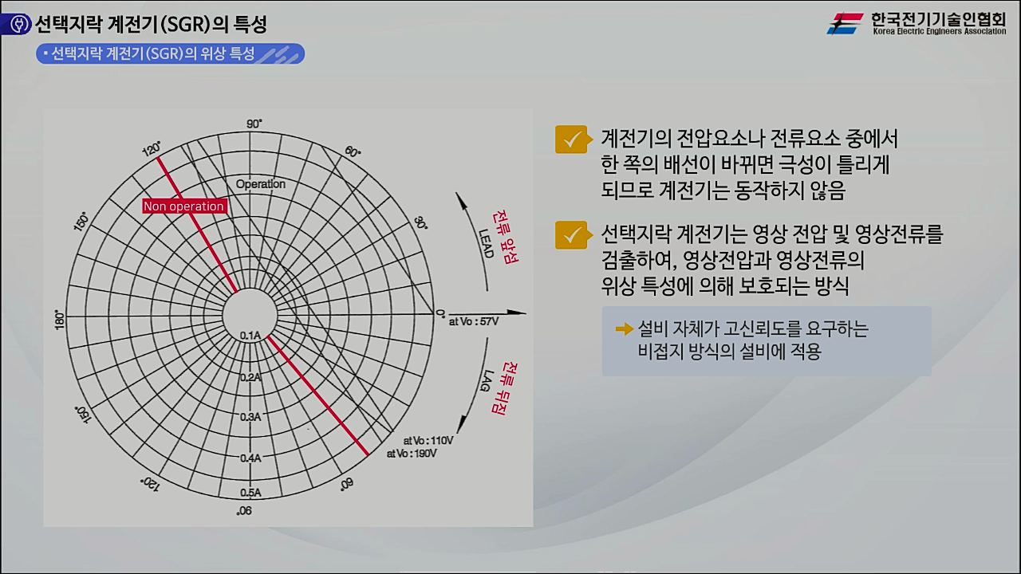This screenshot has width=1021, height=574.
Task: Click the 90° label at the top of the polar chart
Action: (254, 124)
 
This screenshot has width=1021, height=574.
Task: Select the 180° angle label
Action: (58, 320)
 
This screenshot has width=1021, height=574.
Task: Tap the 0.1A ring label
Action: (250, 336)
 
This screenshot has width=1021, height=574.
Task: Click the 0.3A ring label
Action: (250, 417)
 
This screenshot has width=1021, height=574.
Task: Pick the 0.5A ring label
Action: (250, 493)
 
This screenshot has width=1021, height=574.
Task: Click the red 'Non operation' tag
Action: (183, 206)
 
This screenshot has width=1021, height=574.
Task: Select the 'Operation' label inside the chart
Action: (260, 184)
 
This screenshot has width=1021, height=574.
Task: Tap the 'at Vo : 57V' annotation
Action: (473, 322)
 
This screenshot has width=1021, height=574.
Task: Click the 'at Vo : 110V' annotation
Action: (428, 440)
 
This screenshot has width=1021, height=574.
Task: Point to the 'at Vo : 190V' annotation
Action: (412, 453)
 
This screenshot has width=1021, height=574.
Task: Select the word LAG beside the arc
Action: (484, 386)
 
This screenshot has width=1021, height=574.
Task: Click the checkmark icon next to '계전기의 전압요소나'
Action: (571, 140)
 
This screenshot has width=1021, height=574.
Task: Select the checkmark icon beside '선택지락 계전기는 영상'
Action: (571, 235)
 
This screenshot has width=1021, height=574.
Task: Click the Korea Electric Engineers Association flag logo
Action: (845, 23)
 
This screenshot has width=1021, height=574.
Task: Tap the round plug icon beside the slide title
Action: (18, 25)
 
